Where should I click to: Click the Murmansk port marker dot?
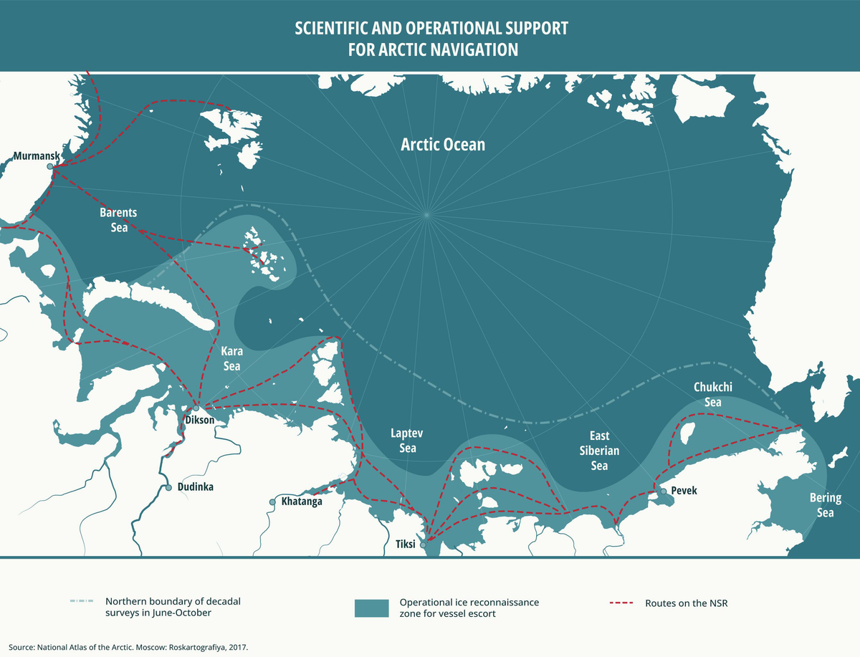click(x=51, y=166)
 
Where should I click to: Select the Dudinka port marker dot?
click(x=168, y=487)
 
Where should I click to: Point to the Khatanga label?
click(x=302, y=502)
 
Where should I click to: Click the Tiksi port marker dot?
click(x=424, y=545)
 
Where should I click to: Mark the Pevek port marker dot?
click(x=664, y=491)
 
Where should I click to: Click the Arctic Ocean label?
click(x=442, y=145)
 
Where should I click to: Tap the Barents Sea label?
click(x=118, y=220)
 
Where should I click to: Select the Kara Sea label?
click(x=231, y=358)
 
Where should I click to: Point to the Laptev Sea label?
click(x=403, y=440)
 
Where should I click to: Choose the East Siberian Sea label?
click(x=599, y=451)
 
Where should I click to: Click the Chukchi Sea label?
click(x=712, y=394)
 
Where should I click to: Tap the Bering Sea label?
click(x=825, y=505)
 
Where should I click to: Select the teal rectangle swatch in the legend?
click(x=371, y=608)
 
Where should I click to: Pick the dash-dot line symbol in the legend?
click(x=83, y=603)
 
